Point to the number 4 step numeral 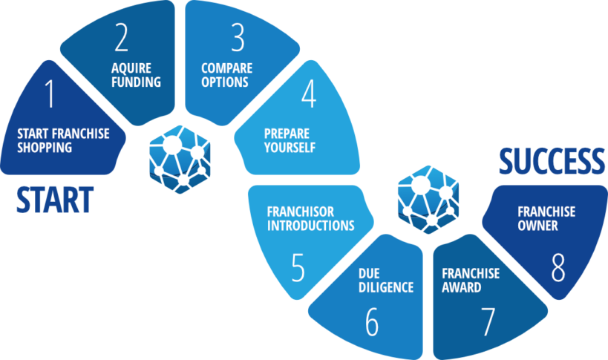[x=308, y=94]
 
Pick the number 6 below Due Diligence [x=372, y=321]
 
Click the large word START [x=55, y=200]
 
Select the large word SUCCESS [x=552, y=160]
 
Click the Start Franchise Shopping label [x=63, y=140]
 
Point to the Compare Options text [x=223, y=75]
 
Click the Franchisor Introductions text [x=310, y=218]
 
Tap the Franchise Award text [x=471, y=280]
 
